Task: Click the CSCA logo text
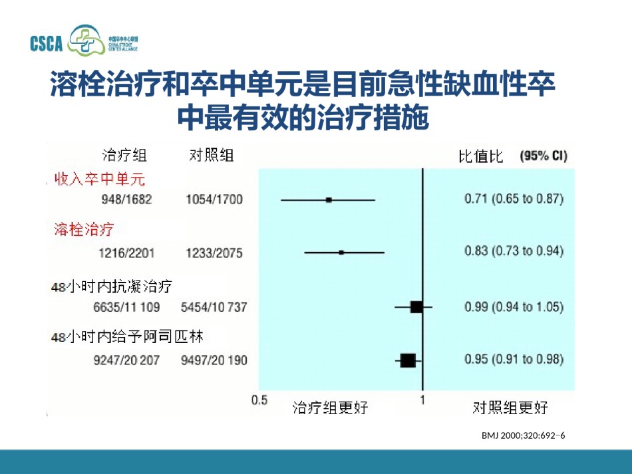(x=47, y=43)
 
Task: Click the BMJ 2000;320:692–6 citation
(x=523, y=435)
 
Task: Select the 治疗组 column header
(x=124, y=155)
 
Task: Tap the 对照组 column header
(x=212, y=155)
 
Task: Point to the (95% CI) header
(x=544, y=156)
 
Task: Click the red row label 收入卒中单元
(x=100, y=179)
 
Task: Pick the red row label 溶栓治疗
(x=84, y=229)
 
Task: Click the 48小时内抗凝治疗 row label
(x=112, y=287)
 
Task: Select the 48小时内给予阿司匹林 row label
(x=127, y=336)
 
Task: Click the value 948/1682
(x=126, y=199)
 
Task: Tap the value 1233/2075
(x=214, y=253)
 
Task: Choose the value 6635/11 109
(x=126, y=307)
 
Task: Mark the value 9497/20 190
(x=214, y=360)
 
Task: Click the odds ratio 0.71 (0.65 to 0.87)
(x=514, y=199)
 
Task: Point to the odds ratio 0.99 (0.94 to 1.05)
(x=514, y=307)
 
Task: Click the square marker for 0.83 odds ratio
(x=341, y=253)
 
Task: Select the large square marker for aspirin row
(x=408, y=360)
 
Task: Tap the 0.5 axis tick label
(x=259, y=400)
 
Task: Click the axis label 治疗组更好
(x=331, y=408)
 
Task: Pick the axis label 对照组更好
(x=510, y=408)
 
